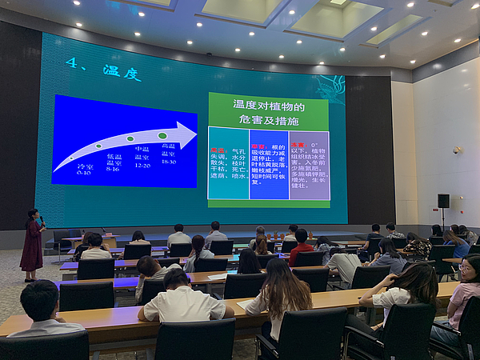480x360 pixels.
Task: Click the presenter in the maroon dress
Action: click(x=33, y=244)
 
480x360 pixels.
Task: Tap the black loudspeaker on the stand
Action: click(x=443, y=201)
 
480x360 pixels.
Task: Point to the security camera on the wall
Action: click(x=457, y=150)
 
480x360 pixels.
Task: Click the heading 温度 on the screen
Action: click(x=122, y=74)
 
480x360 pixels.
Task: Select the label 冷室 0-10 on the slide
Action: click(x=84, y=170)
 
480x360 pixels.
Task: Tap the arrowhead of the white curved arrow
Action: click(x=185, y=134)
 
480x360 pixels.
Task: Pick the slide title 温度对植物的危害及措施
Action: click(x=268, y=111)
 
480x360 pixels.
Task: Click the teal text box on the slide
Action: click(x=228, y=163)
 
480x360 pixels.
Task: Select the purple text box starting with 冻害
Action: click(x=309, y=163)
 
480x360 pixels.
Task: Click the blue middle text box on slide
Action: click(x=269, y=163)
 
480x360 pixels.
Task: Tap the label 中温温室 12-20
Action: click(x=142, y=157)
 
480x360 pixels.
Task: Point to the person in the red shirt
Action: click(x=301, y=248)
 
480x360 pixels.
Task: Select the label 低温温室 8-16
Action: click(x=114, y=162)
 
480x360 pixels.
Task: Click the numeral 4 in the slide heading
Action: click(x=71, y=66)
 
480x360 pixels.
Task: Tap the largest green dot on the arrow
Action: click(x=162, y=136)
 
